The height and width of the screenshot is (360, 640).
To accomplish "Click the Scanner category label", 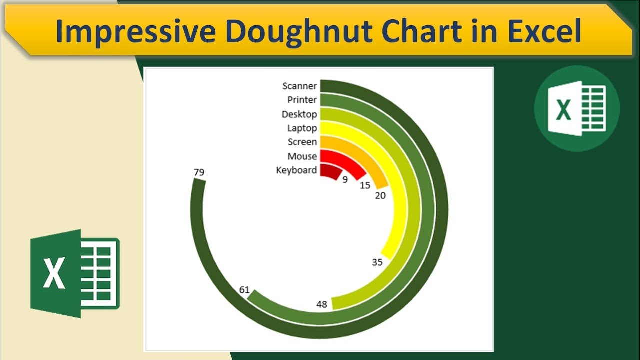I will tap(299, 86).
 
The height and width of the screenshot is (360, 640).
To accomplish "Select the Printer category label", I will tap(302, 100).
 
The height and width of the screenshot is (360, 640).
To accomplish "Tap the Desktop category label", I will tap(299, 114).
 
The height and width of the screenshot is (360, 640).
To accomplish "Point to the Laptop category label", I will tap(302, 128).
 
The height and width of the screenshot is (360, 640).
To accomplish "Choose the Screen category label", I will tap(302, 142).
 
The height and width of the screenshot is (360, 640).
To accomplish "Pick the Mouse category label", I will tap(302, 156).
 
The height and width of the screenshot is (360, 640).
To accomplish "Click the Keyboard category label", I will tap(296, 170).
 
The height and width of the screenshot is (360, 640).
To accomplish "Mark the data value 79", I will tap(199, 173).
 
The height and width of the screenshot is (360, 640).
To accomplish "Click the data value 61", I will tap(244, 290).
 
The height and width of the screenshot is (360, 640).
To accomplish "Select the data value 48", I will tap(322, 304).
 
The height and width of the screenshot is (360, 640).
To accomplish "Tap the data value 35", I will tap(377, 262).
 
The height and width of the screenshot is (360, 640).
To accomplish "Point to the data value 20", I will tap(380, 196).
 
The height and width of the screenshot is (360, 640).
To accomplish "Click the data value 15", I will tap(365, 185).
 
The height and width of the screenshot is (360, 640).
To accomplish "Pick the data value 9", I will tap(345, 179).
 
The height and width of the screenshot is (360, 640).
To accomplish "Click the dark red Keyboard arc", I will tap(331, 171).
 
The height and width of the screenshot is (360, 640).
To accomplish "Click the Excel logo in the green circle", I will tap(576, 108).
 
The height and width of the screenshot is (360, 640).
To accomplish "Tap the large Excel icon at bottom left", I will tap(75, 273).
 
